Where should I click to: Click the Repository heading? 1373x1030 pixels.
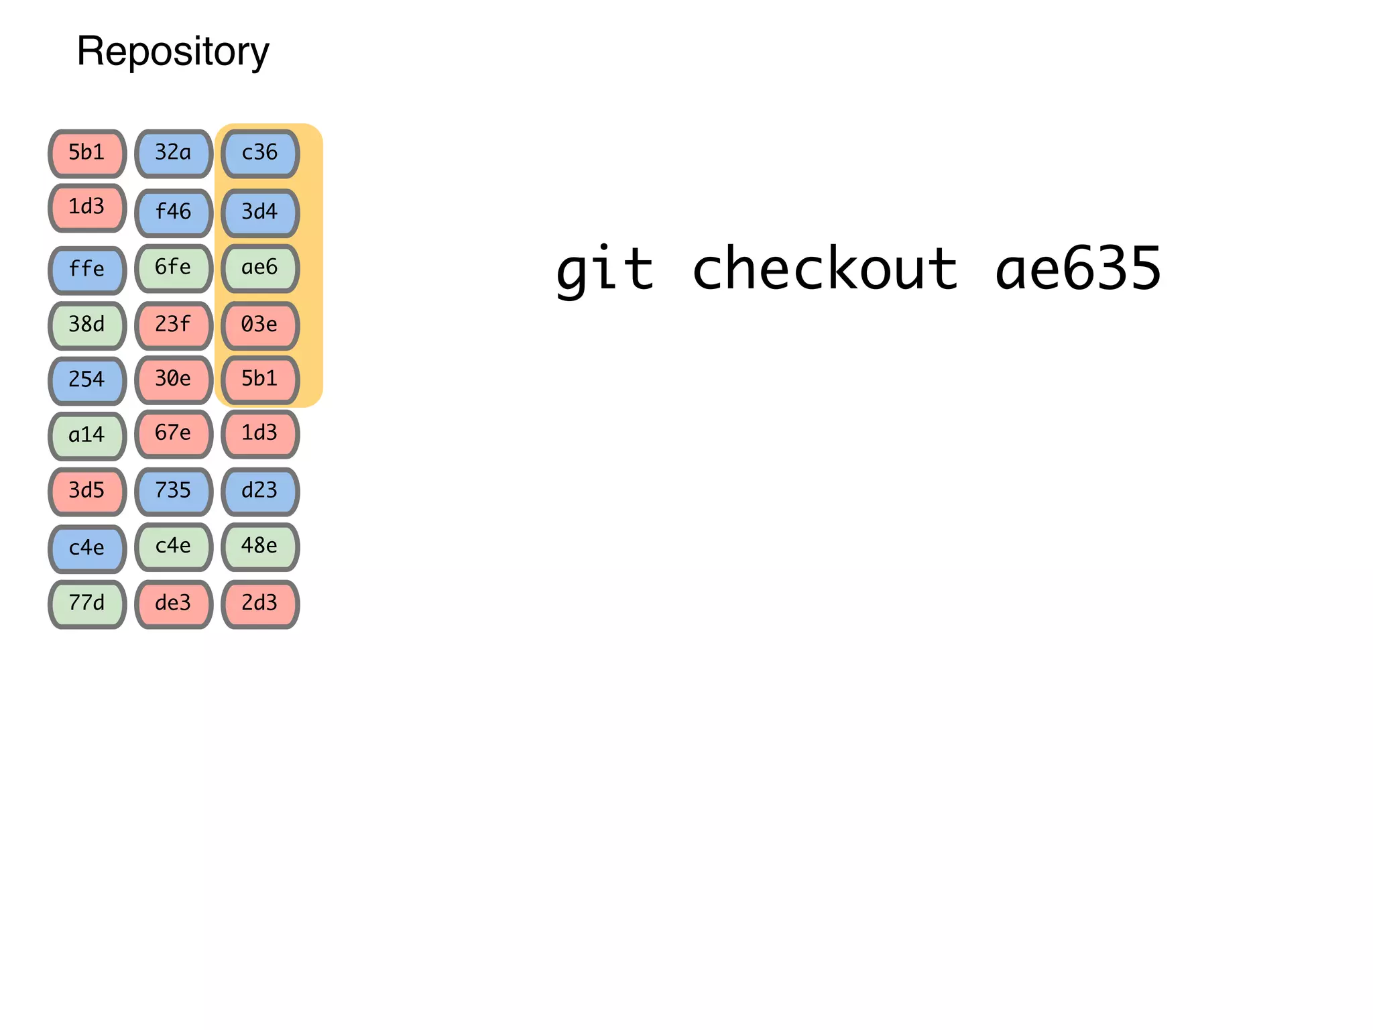(x=173, y=52)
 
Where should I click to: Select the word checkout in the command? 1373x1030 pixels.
(x=825, y=269)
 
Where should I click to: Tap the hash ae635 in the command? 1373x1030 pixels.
(x=1077, y=269)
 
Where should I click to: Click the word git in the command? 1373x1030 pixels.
(x=605, y=269)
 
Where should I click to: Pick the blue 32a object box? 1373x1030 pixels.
(x=174, y=154)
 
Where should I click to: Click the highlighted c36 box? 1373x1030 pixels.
(x=260, y=154)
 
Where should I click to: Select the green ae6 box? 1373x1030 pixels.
(x=260, y=268)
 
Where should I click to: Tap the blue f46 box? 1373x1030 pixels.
(x=174, y=213)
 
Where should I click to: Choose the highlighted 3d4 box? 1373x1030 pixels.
(x=260, y=213)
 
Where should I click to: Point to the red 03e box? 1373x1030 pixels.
(x=260, y=325)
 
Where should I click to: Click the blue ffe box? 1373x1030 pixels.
(x=87, y=270)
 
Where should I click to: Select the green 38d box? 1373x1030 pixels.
(x=87, y=325)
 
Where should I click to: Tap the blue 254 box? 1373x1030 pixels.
(x=87, y=380)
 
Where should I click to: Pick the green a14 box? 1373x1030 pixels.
(x=87, y=436)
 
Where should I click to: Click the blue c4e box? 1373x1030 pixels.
(x=87, y=549)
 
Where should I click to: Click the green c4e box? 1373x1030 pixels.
(x=174, y=547)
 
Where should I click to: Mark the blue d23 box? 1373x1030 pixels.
(x=260, y=491)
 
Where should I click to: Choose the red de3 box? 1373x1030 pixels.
(x=174, y=604)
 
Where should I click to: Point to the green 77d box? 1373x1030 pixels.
(x=87, y=604)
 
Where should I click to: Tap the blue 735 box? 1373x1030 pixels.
(x=174, y=491)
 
